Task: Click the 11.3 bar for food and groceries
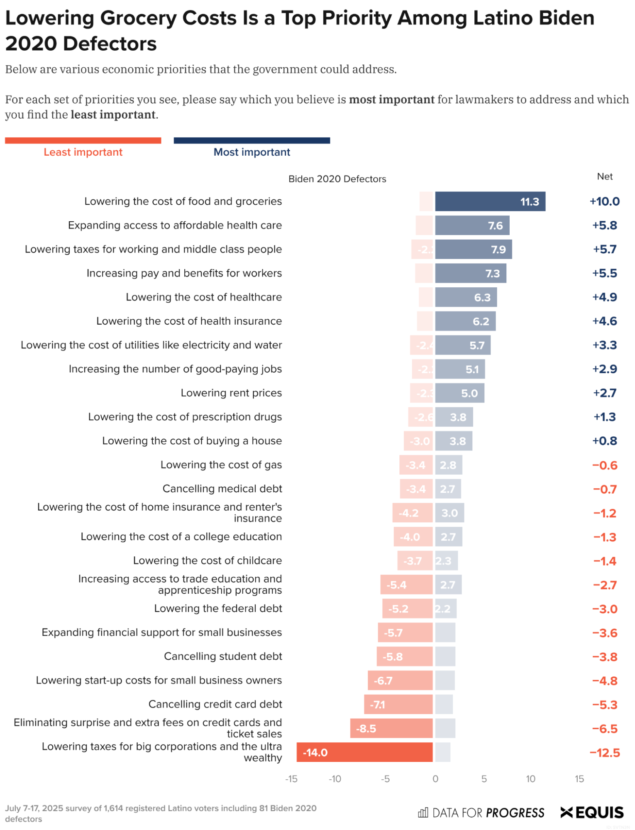[x=490, y=201]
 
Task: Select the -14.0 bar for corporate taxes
[x=364, y=752]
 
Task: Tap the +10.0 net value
[x=604, y=201]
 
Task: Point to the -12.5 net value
[x=604, y=752]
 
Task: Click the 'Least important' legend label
[x=83, y=152]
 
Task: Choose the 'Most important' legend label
[x=252, y=152]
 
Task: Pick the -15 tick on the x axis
[x=291, y=779]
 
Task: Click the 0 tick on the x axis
[x=435, y=779]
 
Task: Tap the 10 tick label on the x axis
[x=530, y=779]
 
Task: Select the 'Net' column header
[x=605, y=176]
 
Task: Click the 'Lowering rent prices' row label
[x=231, y=393]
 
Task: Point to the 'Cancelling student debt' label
[x=223, y=656]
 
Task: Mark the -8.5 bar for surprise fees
[x=391, y=728]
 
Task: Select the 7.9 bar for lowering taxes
[x=473, y=249]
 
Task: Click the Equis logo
[x=592, y=812]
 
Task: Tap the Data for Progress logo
[x=481, y=813]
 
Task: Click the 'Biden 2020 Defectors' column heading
[x=337, y=179]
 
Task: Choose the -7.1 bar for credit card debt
[x=398, y=704]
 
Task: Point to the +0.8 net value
[x=604, y=441]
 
